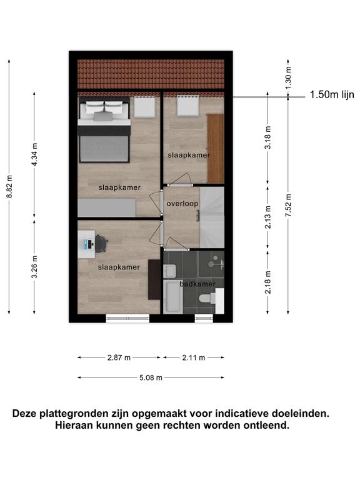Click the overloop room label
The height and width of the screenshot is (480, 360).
pos(182,204)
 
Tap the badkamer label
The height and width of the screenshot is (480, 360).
pos(197,284)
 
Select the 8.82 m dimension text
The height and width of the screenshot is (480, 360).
pos(9,186)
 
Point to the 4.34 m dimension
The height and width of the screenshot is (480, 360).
pos(34,154)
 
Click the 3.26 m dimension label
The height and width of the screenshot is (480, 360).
pos(35,267)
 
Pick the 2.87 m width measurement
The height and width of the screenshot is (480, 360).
pos(119,357)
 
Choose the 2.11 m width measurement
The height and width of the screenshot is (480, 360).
pos(194,357)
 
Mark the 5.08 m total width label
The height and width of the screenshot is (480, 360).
pos(151,377)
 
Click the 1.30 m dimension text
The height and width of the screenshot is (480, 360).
pos(288,77)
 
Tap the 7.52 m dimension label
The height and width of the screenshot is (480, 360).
pos(288,205)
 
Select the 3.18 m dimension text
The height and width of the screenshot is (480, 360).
pos(268,137)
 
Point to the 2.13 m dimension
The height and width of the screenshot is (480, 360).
pos(268,217)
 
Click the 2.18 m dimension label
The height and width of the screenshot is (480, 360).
pos(268,282)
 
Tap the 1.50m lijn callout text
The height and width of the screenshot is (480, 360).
pos(332,94)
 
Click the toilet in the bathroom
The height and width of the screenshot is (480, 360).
pos(207,298)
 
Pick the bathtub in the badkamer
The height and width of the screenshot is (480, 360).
pos(173,297)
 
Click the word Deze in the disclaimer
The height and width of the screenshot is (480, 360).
pos(25,414)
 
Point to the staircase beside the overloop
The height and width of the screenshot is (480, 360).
pos(212,217)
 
